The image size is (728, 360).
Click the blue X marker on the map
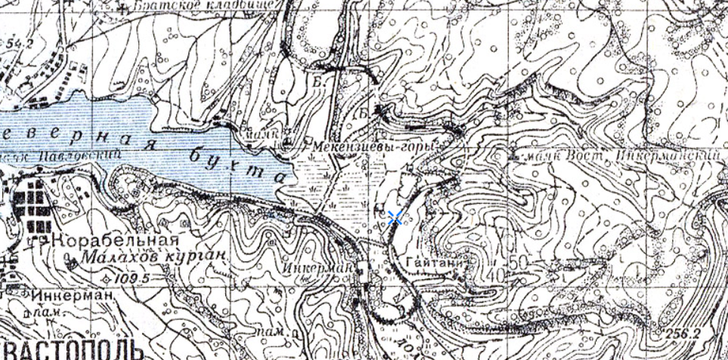click(394, 219)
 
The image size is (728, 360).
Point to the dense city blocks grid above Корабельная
click(32, 201)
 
